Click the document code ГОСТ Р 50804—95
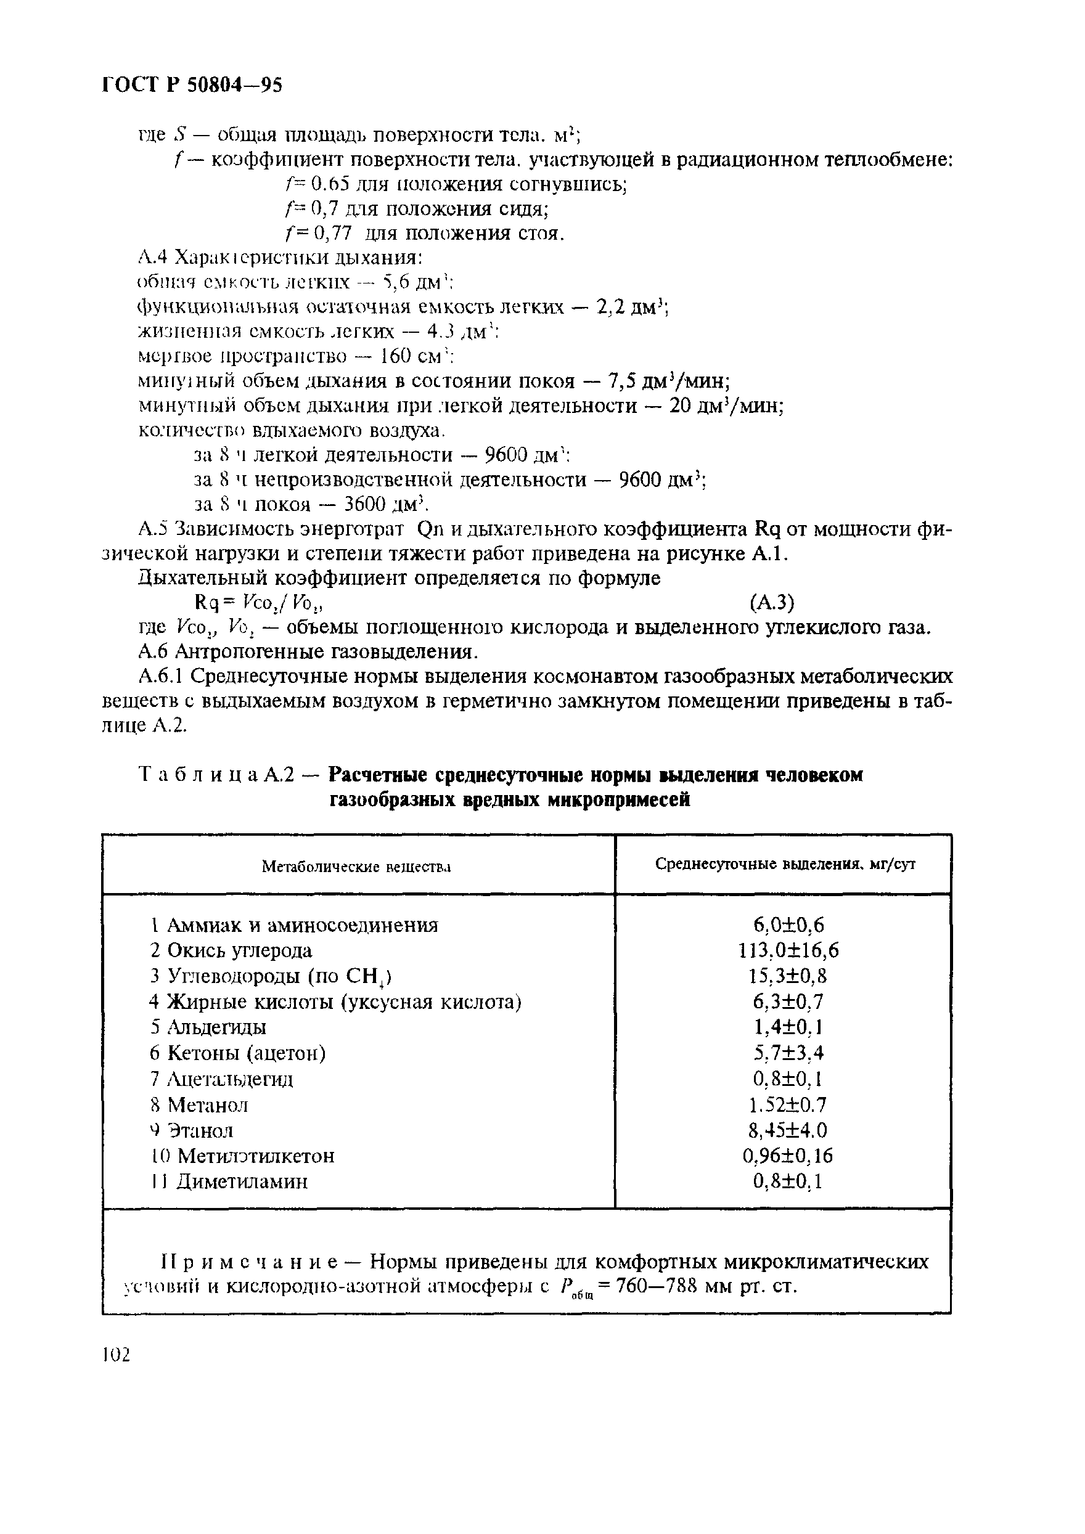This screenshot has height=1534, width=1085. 192,84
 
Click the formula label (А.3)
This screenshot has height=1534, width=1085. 772,603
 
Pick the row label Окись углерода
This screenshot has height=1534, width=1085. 239,951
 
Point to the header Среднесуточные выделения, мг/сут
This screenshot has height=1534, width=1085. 785,864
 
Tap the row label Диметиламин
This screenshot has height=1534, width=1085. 242,1181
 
